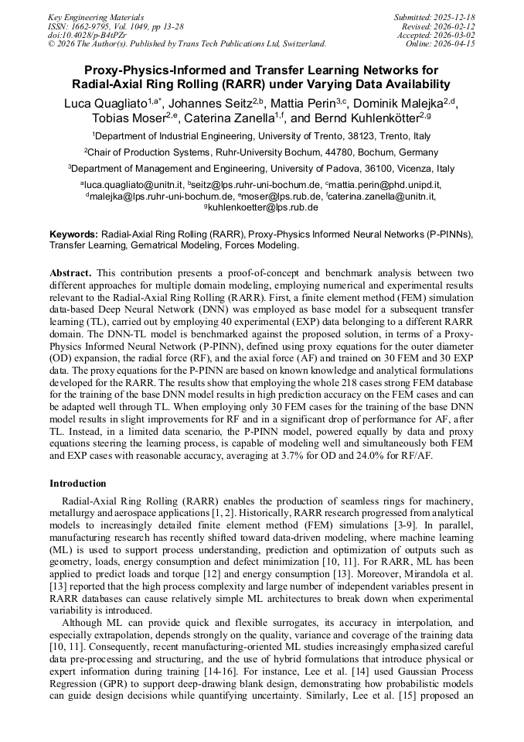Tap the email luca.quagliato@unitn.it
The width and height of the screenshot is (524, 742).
coord(133,185)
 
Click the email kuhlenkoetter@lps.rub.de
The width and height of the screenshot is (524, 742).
coord(263,207)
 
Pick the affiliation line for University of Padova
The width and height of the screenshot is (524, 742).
coord(261,168)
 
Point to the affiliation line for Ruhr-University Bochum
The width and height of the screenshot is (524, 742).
coord(261,152)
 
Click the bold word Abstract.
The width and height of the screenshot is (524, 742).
coord(70,273)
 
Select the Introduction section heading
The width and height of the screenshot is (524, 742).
coord(78,483)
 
